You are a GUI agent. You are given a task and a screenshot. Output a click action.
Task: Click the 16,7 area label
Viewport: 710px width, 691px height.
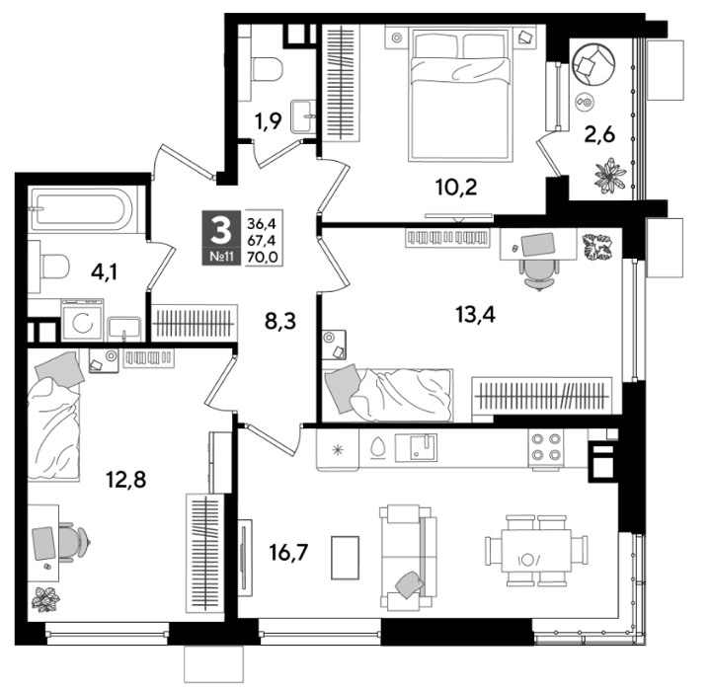coord(288,553)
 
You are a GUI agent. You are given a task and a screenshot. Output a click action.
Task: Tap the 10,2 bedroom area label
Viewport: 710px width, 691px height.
coord(456,187)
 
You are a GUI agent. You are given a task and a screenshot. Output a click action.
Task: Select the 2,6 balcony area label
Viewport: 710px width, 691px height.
coord(599,134)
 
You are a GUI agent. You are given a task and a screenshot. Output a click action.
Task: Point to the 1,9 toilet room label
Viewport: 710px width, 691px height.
coord(268,120)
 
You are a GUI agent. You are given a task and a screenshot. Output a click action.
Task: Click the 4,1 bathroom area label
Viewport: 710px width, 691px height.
coord(104,271)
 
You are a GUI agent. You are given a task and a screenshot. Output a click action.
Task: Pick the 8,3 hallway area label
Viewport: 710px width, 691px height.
coord(280,321)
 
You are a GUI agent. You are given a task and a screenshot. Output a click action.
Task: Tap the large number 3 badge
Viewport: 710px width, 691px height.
coord(221,231)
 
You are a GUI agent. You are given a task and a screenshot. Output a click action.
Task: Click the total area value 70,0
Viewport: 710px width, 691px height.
coord(262,257)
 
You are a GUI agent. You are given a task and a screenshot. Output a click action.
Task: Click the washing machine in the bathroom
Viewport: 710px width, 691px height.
coord(82,320)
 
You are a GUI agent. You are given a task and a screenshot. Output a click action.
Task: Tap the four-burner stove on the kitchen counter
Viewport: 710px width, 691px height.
coord(546,447)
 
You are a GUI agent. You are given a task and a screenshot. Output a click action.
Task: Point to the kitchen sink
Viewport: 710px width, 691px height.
coord(417,447)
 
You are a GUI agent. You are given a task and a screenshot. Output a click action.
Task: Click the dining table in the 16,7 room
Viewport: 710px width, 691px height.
coord(536,551)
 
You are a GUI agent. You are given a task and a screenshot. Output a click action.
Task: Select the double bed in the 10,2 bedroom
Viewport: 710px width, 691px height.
coord(460,94)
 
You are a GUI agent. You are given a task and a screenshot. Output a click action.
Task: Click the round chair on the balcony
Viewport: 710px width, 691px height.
coord(593,64)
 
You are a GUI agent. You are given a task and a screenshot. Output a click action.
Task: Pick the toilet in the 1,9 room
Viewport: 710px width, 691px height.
coord(268,69)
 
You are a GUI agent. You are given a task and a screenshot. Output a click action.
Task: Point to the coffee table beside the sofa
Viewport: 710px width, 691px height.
coord(345,558)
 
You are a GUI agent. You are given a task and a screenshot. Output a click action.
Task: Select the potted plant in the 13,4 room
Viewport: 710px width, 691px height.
coord(596,247)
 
